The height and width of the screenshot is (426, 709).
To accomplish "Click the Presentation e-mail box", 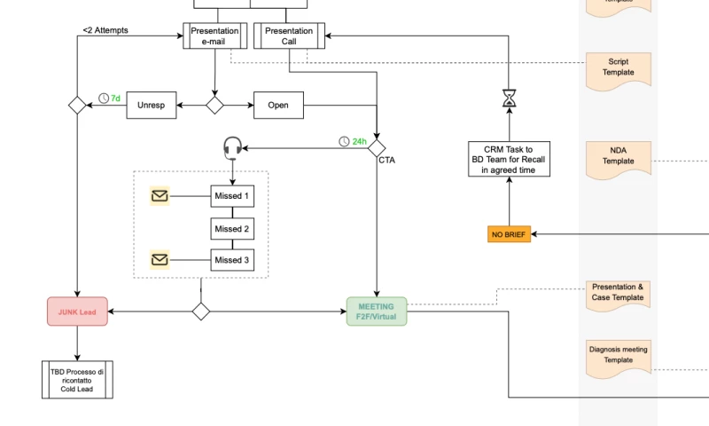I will (214, 35).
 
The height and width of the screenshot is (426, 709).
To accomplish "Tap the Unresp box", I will (151, 106).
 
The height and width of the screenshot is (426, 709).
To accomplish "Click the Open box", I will (278, 106).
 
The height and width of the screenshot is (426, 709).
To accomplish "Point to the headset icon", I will (232, 146).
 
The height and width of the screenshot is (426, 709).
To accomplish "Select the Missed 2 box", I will (232, 228).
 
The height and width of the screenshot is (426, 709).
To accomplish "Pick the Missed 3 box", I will (232, 260).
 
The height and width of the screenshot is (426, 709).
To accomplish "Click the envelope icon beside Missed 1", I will (160, 196).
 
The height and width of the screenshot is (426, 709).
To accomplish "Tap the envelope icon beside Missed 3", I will (160, 260).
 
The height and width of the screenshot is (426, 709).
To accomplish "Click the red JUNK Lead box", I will (77, 312).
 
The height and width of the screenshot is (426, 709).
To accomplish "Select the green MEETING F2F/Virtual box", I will (377, 312).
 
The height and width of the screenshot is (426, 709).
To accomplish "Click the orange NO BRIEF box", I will (509, 234).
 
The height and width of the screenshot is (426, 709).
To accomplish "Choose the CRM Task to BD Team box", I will (509, 159).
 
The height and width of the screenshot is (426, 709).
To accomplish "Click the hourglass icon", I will (509, 99).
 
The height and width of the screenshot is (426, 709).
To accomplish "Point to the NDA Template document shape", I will (619, 156).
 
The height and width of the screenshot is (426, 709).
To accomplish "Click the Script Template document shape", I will (619, 67).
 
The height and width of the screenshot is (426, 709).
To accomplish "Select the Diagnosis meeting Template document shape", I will (619, 355).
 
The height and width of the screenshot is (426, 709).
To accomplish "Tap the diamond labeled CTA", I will (378, 146).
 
